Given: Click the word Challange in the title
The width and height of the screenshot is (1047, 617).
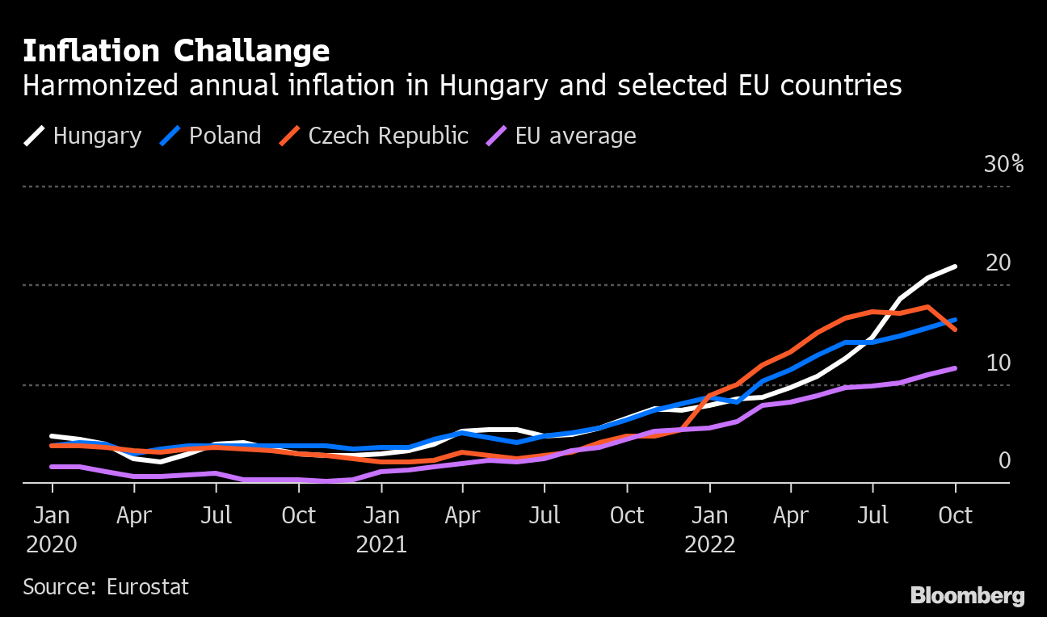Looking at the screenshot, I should pos(251,52).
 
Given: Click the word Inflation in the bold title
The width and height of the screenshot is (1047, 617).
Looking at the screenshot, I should pos(90,52).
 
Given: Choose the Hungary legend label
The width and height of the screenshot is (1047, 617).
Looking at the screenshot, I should pos(97,136).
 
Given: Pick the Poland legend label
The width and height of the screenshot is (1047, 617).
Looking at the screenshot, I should pos(225,136).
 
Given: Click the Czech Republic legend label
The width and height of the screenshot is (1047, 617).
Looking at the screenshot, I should pos(388,136).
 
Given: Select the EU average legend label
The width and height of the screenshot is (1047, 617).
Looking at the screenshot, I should pos(575,136).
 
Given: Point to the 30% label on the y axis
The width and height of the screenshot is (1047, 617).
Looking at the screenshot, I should pos(1003,165).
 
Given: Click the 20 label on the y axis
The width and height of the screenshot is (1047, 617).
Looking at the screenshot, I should pos(999,263).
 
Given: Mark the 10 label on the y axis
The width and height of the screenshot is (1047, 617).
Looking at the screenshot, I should pos(999,363).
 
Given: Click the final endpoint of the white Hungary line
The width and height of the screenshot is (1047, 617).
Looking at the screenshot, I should pos(956,267).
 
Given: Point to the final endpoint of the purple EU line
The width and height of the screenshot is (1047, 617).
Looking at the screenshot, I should pos(956,368).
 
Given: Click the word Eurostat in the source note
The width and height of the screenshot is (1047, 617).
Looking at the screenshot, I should pos(148,587).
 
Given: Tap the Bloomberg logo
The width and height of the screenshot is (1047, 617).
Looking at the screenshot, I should pos(967,597).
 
